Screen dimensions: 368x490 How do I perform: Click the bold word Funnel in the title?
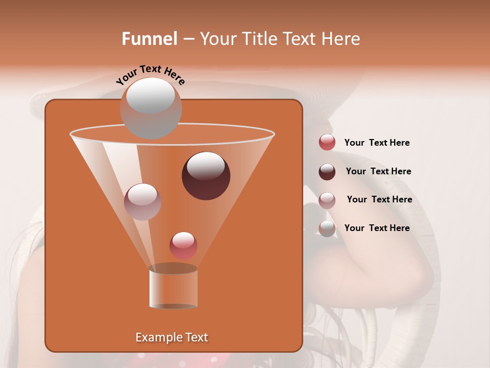click(x=150, y=39)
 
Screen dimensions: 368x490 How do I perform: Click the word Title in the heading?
click(x=258, y=39)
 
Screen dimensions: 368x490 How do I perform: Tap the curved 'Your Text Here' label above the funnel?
click(x=151, y=75)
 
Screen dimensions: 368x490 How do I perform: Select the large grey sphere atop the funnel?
click(x=151, y=108)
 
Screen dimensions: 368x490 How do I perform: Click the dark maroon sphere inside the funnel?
click(x=206, y=175)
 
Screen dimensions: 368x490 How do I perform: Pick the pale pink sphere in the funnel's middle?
click(x=142, y=201)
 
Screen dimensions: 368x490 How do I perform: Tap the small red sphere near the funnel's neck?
click(x=183, y=245)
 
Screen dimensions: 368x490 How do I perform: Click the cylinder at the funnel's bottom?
click(x=173, y=289)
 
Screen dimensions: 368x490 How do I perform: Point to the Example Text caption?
click(x=171, y=337)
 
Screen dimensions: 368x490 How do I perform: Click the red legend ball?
click(x=327, y=143)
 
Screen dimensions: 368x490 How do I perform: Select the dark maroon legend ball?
click(x=327, y=172)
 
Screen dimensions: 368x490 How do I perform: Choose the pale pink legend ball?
click(x=327, y=200)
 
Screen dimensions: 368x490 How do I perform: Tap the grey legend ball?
click(x=327, y=228)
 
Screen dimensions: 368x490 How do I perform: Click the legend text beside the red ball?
click(x=377, y=143)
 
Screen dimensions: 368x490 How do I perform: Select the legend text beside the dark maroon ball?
click(x=378, y=172)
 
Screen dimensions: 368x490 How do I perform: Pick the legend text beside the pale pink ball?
click(x=379, y=199)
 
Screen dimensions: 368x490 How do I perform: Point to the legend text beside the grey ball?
click(x=377, y=228)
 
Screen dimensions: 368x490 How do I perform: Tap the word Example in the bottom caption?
click(x=155, y=337)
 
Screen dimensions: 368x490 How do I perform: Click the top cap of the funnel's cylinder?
click(x=173, y=268)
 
